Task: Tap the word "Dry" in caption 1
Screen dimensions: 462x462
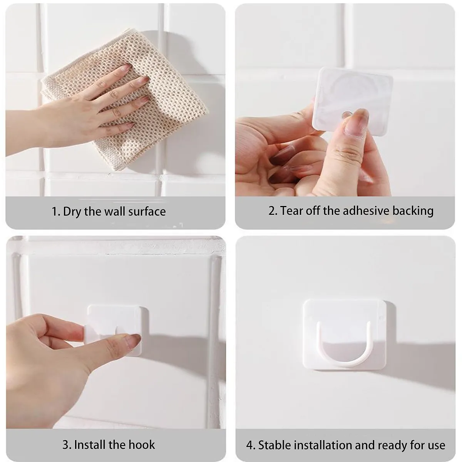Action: point(72,212)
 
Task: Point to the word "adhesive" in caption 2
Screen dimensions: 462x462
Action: point(366,211)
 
